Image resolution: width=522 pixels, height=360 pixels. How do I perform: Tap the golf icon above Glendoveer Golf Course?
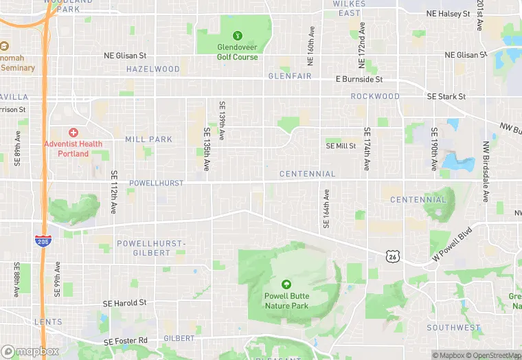[238, 36]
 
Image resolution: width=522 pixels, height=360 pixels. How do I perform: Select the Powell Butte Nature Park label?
[286, 301]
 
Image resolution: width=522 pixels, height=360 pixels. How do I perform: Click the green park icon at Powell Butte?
[286, 284]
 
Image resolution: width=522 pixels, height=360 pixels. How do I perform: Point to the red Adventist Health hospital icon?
[73, 132]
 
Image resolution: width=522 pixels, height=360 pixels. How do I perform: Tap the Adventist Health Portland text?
[73, 148]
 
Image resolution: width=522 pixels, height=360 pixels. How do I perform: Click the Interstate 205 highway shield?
[43, 240]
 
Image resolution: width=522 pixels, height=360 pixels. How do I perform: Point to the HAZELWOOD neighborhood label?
[153, 69]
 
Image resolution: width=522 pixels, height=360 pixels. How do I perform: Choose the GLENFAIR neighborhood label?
[290, 76]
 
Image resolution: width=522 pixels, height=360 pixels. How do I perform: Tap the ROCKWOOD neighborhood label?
[375, 96]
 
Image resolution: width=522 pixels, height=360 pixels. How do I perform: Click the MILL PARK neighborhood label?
[149, 139]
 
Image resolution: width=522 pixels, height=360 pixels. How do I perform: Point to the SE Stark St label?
[446, 97]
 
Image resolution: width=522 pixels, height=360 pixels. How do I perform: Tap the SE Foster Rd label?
[125, 341]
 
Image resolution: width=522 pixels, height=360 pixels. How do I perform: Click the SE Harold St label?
[124, 303]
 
